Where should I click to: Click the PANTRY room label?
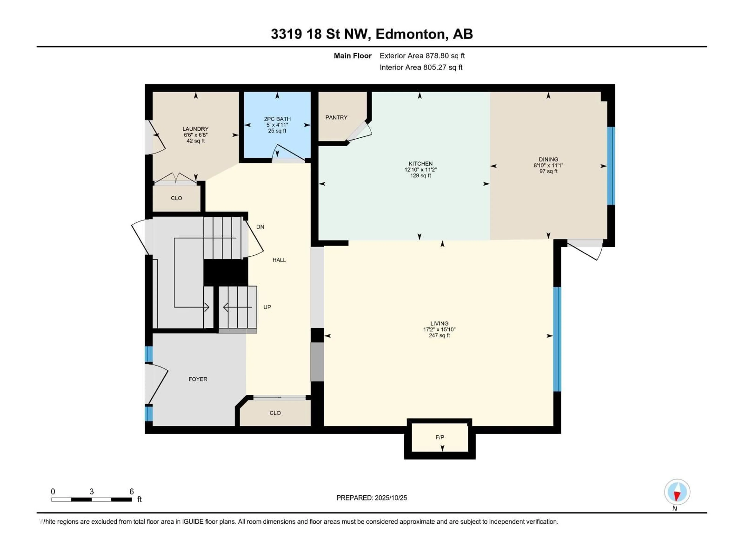336,117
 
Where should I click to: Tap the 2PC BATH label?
277,119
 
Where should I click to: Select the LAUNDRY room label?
195,129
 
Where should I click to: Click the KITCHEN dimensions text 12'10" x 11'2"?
420,170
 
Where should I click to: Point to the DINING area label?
548,159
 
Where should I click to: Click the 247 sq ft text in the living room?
439,335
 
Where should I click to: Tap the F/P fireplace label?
440,437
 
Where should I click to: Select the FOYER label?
198,379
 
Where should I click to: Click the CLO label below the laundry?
176,198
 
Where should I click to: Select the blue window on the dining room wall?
611,166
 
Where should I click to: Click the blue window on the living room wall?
557,339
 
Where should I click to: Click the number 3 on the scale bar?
91,491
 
